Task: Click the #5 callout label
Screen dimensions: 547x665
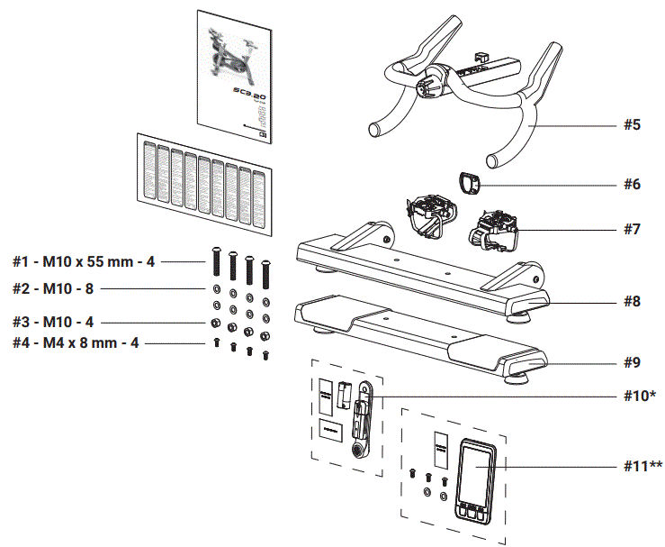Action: pyautogui.click(x=632, y=124)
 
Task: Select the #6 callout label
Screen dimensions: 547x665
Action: pyautogui.click(x=632, y=184)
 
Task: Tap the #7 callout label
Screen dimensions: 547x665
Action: pyautogui.click(x=632, y=229)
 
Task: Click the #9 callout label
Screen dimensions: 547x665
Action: pyautogui.click(x=632, y=363)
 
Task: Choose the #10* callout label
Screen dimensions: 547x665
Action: pyautogui.click(x=636, y=397)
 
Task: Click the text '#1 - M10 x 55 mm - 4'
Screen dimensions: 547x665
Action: pyautogui.click(x=84, y=262)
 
